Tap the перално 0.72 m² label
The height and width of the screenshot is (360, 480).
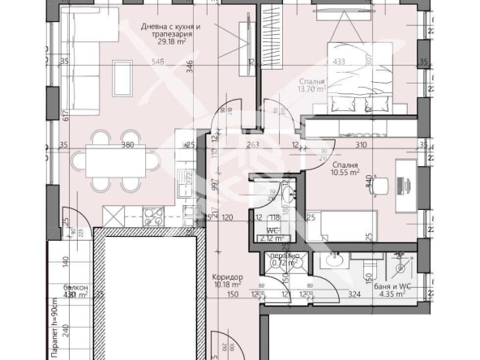pos(285,260)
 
